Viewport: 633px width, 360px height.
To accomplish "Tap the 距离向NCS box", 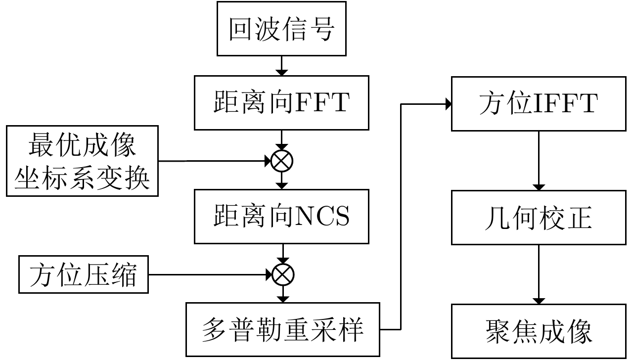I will coord(281,217).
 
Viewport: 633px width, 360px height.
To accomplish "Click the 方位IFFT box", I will coord(539,103).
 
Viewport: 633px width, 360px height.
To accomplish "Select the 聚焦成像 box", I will coord(539,330).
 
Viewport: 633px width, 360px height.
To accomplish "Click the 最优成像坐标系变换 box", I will coord(82,161).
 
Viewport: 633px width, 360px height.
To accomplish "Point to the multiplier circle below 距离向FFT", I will coord(282,161).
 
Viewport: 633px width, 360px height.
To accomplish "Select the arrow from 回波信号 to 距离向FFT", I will coord(282,65).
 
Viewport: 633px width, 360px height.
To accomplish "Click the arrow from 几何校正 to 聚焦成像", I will coord(539,274).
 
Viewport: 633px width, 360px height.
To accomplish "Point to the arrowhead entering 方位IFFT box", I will coord(448,104).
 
